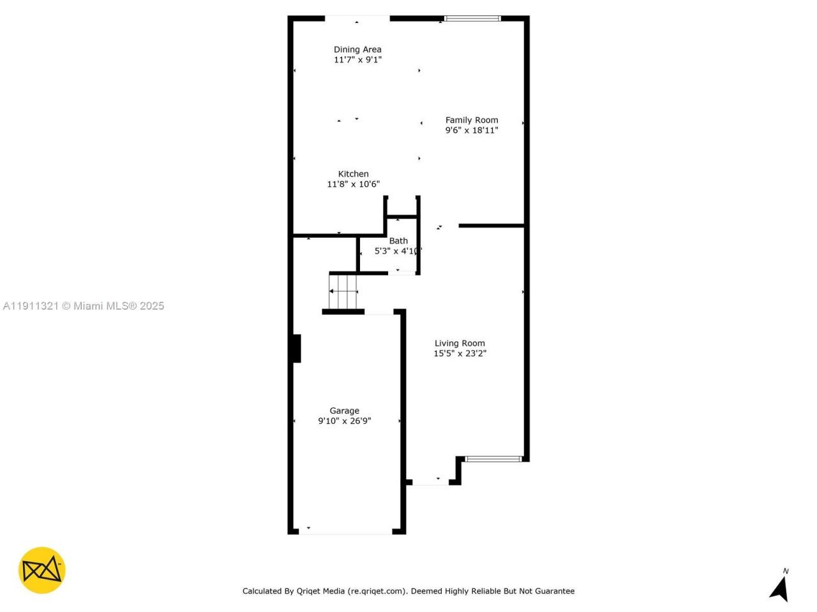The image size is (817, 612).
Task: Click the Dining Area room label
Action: click(357, 49)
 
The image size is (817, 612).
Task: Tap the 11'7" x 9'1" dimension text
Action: click(357, 60)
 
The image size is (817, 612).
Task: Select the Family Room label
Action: click(472, 120)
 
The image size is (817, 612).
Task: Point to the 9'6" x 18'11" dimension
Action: click(472, 131)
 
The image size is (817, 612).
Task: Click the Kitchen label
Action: click(353, 174)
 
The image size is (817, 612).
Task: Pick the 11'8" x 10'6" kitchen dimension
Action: click(353, 184)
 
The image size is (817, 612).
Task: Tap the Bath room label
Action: click(398, 241)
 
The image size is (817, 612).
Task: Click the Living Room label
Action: click(460, 343)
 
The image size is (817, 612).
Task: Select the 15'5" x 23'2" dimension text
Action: click(460, 354)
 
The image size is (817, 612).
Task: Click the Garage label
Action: click(344, 411)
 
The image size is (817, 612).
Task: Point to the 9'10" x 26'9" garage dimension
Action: click(344, 421)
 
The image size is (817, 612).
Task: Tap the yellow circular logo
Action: click(41, 570)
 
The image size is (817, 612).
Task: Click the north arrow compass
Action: click(780, 586)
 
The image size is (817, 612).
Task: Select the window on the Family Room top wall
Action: click(473, 18)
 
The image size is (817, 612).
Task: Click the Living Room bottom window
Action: click(493, 458)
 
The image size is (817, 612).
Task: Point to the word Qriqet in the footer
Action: click(313, 591)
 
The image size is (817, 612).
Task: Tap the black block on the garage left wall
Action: click(296, 349)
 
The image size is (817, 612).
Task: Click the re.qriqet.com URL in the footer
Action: click(377, 591)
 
